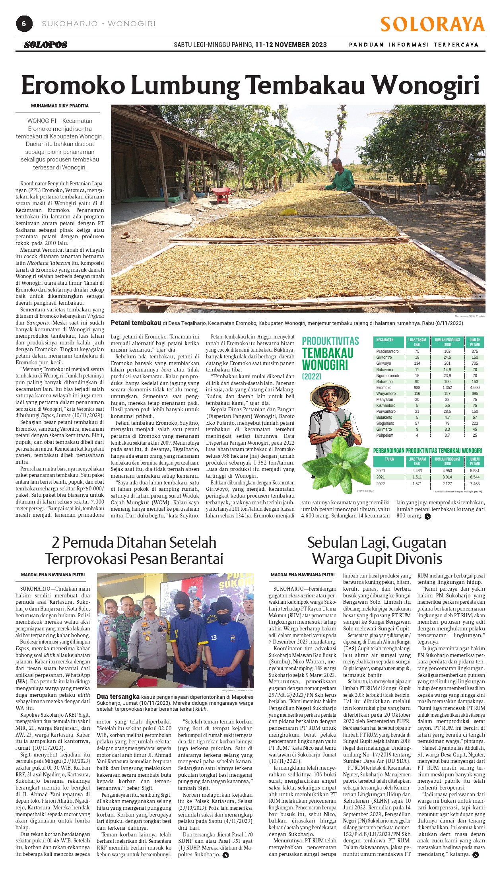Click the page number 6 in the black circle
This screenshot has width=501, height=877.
coord(24,24)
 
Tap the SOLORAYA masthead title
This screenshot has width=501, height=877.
coord(432,25)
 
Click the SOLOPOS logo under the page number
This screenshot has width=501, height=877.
coord(46,45)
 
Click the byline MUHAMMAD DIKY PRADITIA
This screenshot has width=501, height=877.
coord(60,106)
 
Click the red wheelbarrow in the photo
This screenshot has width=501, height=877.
coord(221,194)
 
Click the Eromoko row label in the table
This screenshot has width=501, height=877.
coord(384,387)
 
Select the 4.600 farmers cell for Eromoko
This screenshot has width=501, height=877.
coord(475,387)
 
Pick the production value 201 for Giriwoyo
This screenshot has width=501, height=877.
coord(447,364)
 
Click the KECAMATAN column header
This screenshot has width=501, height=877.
coord(385,340)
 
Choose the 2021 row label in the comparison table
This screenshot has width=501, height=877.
coord(381,477)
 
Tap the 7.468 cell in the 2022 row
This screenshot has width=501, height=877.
coord(475,484)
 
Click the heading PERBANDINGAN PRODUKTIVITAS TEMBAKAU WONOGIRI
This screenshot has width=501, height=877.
coord(427,451)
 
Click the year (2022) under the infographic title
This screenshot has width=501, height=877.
coord(312,376)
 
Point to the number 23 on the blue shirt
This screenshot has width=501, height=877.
coord(214,638)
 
